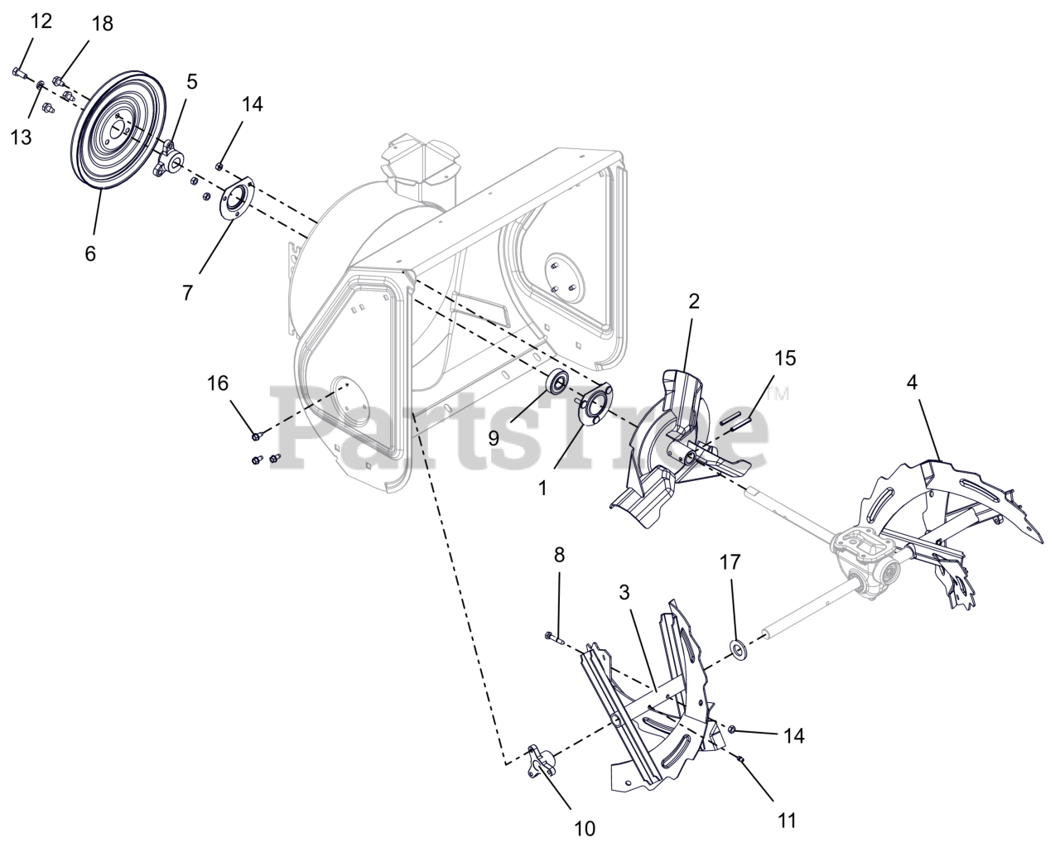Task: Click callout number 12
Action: point(41,21)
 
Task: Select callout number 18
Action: point(102,23)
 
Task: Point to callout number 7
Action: point(187,292)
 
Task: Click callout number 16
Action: point(218,383)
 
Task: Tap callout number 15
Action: point(785,358)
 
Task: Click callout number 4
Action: point(912,383)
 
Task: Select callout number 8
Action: point(559,556)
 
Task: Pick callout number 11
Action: point(787,820)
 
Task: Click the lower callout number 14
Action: point(793,735)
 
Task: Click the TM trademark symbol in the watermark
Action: point(778,394)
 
